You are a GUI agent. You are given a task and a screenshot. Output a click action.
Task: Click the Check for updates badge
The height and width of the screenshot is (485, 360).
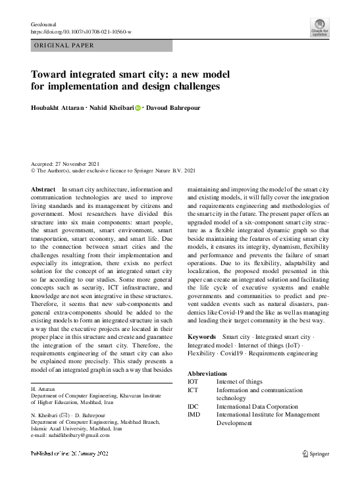(x=320, y=29)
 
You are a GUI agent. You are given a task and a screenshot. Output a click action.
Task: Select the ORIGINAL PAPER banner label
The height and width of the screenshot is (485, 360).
(x=63, y=46)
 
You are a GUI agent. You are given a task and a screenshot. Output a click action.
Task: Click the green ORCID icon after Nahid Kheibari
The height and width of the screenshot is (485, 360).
(x=138, y=107)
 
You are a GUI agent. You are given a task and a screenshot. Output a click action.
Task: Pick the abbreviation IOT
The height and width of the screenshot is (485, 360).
(x=193, y=382)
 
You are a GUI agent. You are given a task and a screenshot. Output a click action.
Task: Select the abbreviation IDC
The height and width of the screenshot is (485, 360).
(x=193, y=407)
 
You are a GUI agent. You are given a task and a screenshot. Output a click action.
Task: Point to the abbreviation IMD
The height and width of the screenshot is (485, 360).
(x=193, y=415)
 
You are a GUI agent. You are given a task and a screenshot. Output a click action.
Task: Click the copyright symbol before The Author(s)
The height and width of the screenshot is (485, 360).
(x=34, y=170)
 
